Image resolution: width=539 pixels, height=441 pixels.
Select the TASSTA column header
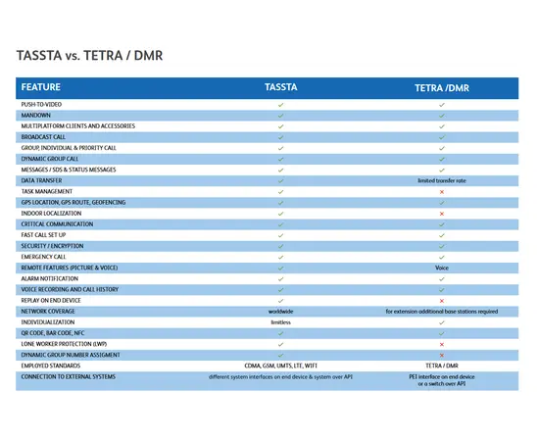[x=281, y=86]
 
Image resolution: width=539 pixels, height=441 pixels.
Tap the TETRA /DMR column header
[x=441, y=86]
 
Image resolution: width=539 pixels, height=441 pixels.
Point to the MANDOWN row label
[x=36, y=115]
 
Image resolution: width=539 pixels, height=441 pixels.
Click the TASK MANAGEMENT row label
[x=47, y=191]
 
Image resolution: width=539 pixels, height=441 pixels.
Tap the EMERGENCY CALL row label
[x=44, y=257]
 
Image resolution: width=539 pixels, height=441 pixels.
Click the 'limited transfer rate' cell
[x=441, y=181]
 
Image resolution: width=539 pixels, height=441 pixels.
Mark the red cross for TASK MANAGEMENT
[x=442, y=192]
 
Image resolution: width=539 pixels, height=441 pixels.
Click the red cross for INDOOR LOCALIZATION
[x=442, y=214]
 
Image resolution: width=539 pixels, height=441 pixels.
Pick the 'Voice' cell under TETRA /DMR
[x=442, y=268]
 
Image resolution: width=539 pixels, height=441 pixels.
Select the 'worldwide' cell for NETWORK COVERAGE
[x=281, y=312]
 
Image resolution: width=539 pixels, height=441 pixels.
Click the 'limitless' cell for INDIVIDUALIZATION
[x=281, y=322]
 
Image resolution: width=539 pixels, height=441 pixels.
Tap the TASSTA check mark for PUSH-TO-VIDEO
[x=281, y=104]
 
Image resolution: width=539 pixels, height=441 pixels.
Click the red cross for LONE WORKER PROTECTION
[x=442, y=344]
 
